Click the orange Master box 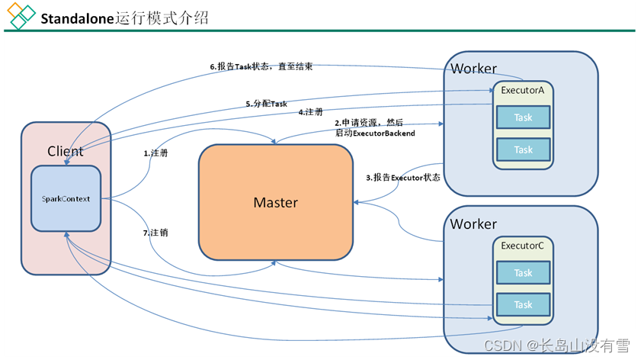coord(275,202)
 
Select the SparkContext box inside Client coord(66,199)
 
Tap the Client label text coord(66,151)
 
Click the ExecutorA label coord(522,91)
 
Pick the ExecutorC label coord(522,246)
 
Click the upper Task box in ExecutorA coord(523,117)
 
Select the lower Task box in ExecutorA coord(523,149)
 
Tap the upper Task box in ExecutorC coord(523,272)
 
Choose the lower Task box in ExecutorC coord(523,304)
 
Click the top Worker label coord(473,69)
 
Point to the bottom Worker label coord(473,224)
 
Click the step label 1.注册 coord(156,153)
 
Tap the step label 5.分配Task coord(266,103)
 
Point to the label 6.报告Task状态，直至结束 coord(261,66)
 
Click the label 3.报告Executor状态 coord(402,178)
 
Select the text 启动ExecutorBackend coord(375,133)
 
